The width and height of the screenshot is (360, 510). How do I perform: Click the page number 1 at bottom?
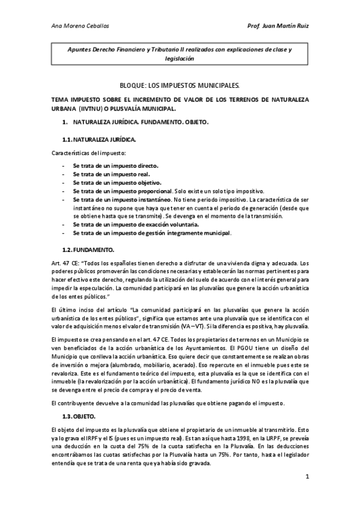[307, 478]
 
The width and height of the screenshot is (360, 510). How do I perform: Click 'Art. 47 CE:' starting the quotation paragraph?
[67, 263]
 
